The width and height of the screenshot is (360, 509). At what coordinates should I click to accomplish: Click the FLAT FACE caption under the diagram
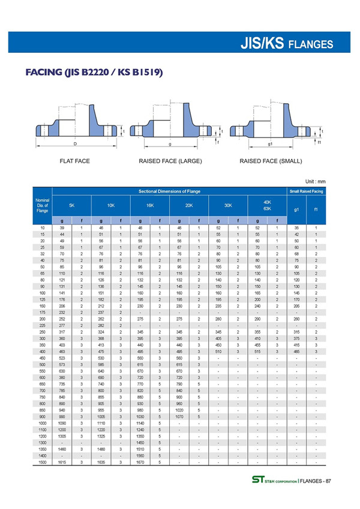coord(74,161)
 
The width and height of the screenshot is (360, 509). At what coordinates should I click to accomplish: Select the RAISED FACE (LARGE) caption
coord(170,161)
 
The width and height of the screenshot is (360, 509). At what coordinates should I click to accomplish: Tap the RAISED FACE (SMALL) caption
coord(271,161)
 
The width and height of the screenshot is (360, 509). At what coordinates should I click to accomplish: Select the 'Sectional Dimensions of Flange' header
coord(169,191)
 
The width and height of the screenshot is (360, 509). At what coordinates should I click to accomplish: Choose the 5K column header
coord(71,205)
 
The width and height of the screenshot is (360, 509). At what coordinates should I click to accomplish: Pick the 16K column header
coord(150,205)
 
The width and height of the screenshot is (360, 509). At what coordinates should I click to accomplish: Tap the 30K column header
coord(228,205)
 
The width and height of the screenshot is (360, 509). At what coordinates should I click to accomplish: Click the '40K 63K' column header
coord(267,205)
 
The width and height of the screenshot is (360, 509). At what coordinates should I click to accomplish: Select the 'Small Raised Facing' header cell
coord(306,191)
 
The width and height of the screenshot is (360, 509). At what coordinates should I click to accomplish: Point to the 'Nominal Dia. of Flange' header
coord(42,205)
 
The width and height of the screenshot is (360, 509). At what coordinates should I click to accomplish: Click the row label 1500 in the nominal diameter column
coord(42,463)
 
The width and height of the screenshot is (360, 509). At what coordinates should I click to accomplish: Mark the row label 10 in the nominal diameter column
coord(42,229)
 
